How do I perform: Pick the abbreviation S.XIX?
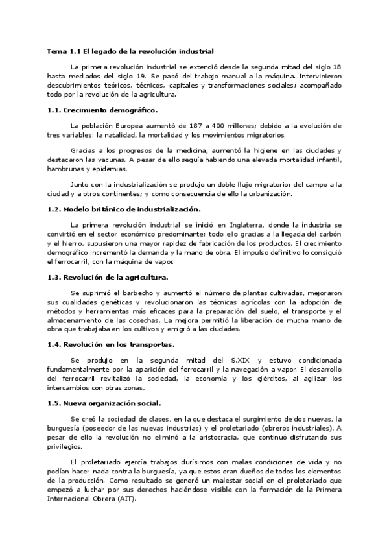click(x=241, y=359)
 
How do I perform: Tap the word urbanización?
click(x=270, y=193)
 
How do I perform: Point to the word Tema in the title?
click(x=56, y=51)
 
